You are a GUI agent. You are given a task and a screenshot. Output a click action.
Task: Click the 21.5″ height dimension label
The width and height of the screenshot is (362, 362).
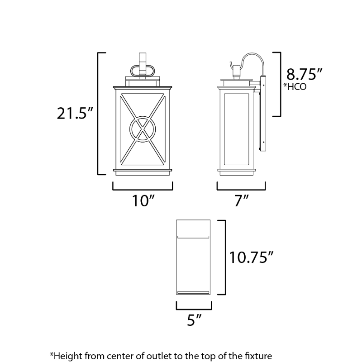pyautogui.click(x=75, y=114)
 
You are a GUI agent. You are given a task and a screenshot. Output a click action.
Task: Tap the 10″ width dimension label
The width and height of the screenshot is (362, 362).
pyautogui.click(x=143, y=200)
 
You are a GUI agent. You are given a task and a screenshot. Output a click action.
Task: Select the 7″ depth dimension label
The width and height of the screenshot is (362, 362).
pyautogui.click(x=241, y=200)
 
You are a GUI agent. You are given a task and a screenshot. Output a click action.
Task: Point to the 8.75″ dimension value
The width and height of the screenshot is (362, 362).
pyautogui.click(x=304, y=74)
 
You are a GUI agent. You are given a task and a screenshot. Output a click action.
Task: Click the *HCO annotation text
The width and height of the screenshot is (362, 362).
pyautogui.click(x=295, y=86)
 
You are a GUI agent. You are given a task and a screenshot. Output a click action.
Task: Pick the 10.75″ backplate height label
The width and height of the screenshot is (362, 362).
pyautogui.click(x=251, y=257)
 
